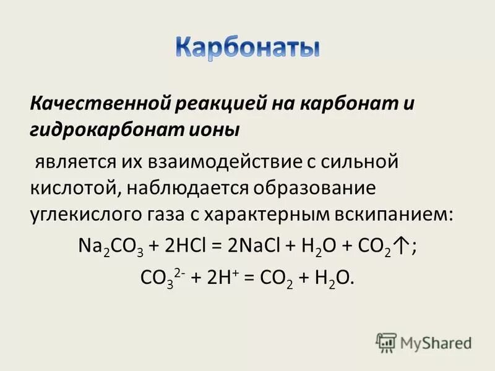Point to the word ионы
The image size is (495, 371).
(218, 130)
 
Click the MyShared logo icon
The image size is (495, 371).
(385, 342)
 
